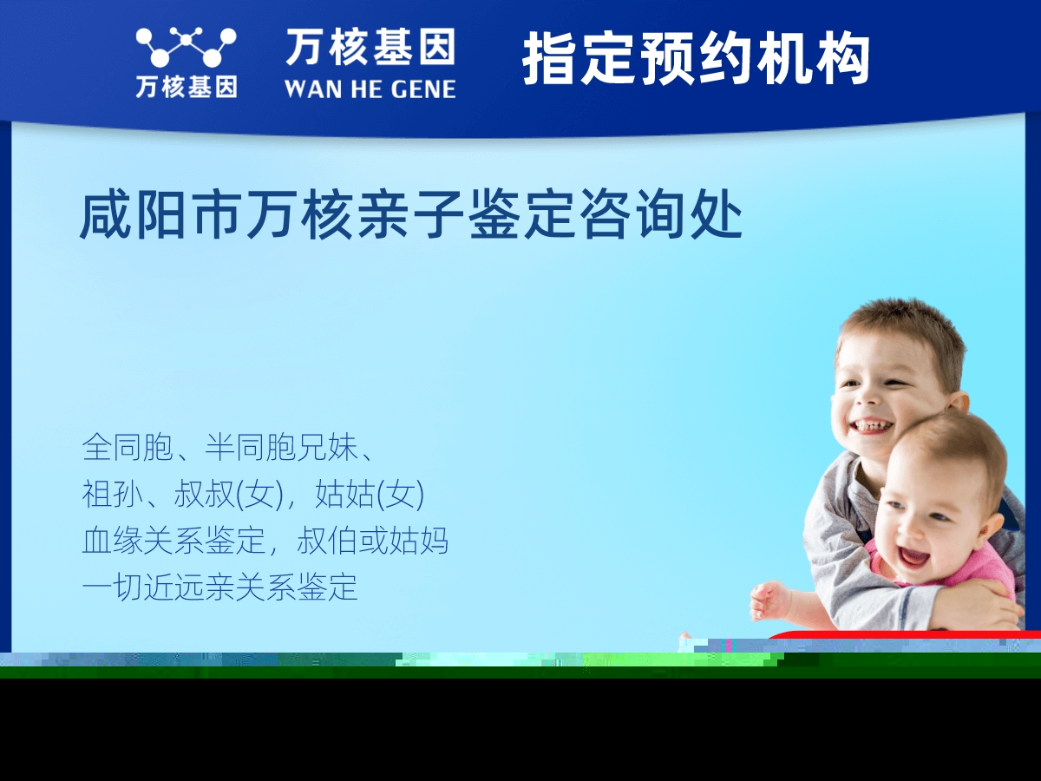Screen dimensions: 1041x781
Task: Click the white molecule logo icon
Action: pyautogui.click(x=186, y=47)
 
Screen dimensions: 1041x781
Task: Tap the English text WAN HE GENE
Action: pyautogui.click(x=370, y=89)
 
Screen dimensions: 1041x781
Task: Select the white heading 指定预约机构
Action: pyautogui.click(x=696, y=58)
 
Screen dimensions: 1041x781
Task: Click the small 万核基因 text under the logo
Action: pyautogui.click(x=187, y=87)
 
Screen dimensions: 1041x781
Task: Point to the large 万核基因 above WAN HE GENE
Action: pyautogui.click(x=370, y=47)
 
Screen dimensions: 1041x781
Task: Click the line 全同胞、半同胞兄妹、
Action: pyautogui.click(x=228, y=447)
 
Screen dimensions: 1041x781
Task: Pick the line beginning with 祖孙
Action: pyautogui.click(x=252, y=494)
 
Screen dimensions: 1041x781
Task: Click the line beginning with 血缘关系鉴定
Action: pyautogui.click(x=265, y=541)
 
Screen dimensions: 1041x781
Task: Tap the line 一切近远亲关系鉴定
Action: pyautogui.click(x=219, y=587)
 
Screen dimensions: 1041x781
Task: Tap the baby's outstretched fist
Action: pyautogui.click(x=769, y=600)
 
